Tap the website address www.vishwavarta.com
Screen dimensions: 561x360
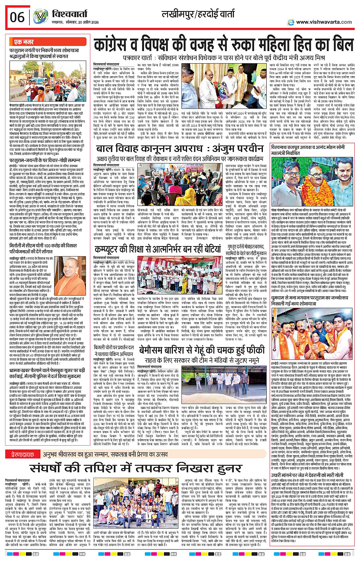[x=324, y=22]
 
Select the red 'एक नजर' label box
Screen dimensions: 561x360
[x=24, y=42]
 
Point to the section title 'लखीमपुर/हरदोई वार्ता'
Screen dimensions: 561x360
[x=198, y=15]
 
